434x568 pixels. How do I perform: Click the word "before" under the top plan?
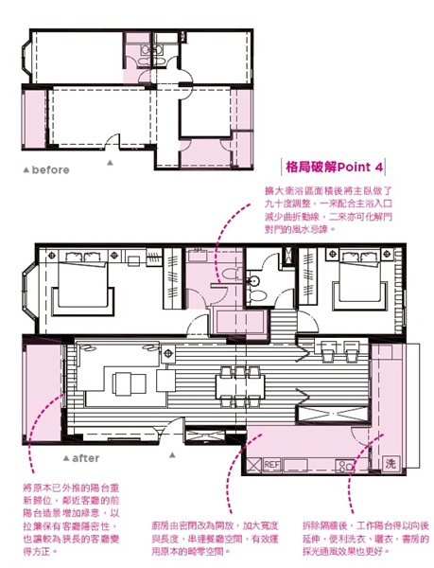(50, 170)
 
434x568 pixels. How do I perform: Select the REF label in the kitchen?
(272, 465)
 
